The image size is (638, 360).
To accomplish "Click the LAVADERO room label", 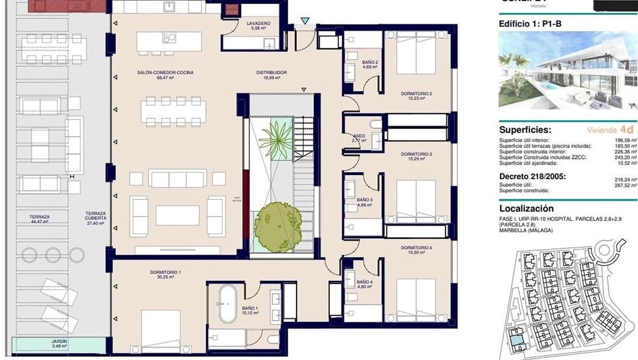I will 258,24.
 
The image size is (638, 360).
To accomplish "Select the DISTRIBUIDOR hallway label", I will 271,72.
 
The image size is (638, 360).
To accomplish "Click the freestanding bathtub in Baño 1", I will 227,304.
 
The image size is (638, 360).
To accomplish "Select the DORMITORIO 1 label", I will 165,273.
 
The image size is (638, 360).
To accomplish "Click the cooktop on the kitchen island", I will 170,38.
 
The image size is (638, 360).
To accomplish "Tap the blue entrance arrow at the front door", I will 305,21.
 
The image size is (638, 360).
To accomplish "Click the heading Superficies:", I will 525,130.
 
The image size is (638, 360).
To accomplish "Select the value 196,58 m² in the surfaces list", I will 624,140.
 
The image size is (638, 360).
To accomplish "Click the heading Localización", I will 526,209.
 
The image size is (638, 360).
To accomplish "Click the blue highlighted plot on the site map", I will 515,336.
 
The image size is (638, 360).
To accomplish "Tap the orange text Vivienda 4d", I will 610,130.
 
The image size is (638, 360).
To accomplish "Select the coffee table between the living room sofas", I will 178,215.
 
